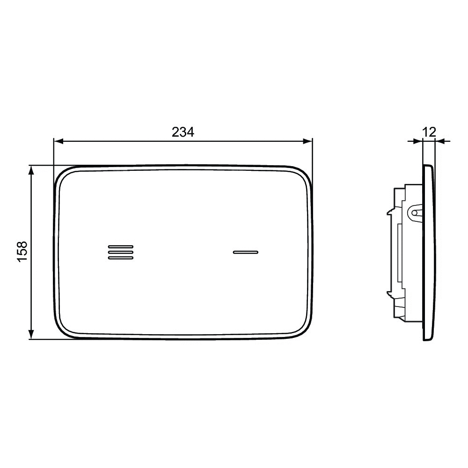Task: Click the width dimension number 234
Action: coord(183,132)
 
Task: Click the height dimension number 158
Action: coord(22,252)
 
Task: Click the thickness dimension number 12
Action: coord(429,132)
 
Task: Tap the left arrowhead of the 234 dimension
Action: coord(58,141)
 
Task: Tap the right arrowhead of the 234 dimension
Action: coord(307,141)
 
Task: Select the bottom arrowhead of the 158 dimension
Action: coord(31,334)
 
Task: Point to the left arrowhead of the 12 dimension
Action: coord(418,141)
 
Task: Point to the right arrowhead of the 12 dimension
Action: coord(440,141)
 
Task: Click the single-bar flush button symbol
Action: coord(245,252)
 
